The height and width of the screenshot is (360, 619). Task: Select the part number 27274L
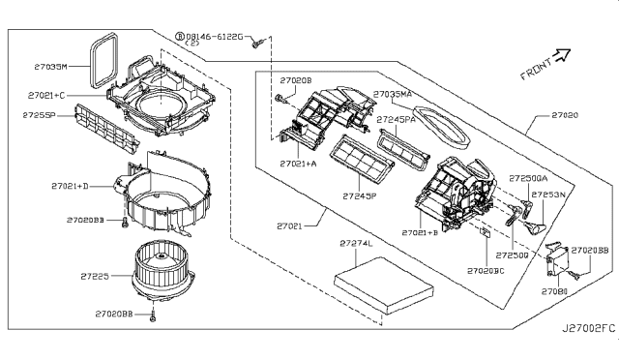[x=356, y=243]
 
